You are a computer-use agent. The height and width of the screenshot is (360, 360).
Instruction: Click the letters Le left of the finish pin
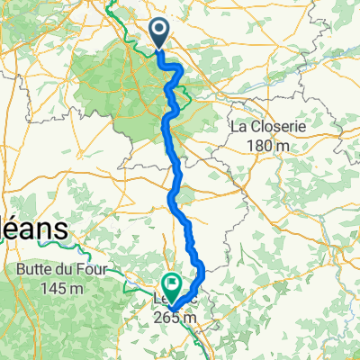click(x=158, y=301)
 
